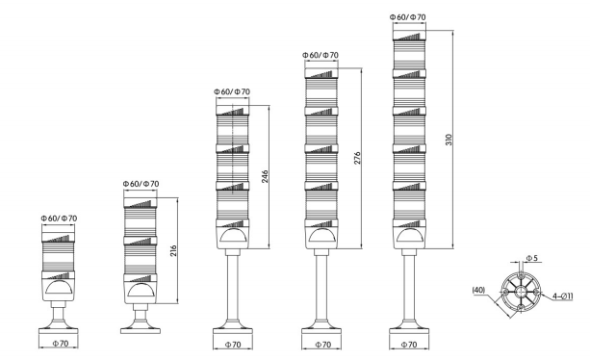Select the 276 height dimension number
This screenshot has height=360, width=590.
tap(358, 158)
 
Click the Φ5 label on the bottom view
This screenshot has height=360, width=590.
tap(531, 259)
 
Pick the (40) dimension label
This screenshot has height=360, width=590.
tap(477, 287)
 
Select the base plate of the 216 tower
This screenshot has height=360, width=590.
tap(141, 329)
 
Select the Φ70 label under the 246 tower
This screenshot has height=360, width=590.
tap(232, 343)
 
